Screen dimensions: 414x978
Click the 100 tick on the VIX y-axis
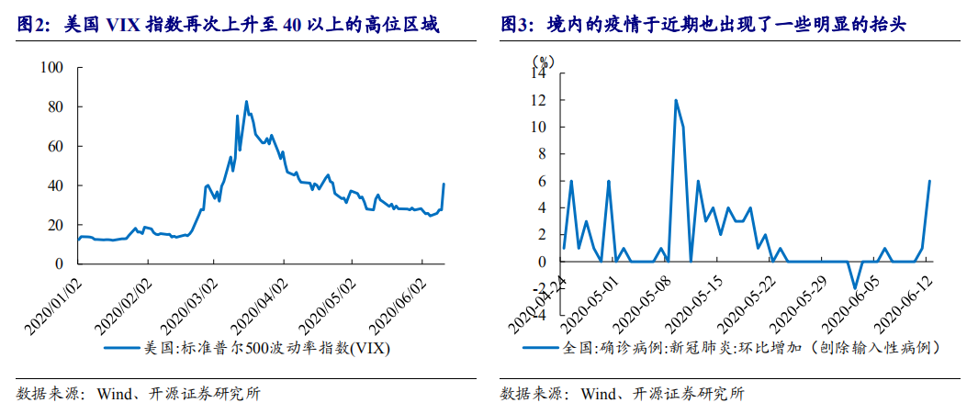54,69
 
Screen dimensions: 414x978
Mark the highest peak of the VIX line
246,101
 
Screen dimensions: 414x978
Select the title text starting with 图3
703,26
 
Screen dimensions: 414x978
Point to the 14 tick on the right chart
539,74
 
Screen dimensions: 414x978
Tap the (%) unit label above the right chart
544,61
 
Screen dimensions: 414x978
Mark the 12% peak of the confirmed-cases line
676,100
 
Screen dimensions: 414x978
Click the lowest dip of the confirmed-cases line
854,288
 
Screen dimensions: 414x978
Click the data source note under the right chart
623,395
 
